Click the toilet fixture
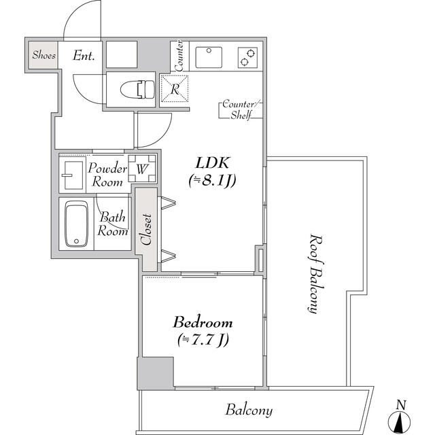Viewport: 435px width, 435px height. (x=137, y=89)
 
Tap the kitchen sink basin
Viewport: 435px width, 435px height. (x=209, y=57)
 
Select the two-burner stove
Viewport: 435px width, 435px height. (x=247, y=57)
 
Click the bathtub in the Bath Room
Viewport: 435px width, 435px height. (x=76, y=224)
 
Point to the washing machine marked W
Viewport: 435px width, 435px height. (x=142, y=169)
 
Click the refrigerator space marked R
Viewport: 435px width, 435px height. (x=175, y=89)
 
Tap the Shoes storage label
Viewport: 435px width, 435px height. (x=43, y=55)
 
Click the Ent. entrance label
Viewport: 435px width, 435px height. (x=84, y=56)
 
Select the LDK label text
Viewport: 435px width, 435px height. (x=213, y=163)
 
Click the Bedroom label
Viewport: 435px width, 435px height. (x=203, y=322)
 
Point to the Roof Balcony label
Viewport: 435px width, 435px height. (x=315, y=274)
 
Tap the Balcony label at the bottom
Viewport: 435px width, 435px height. (x=249, y=410)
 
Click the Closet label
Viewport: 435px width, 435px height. (x=146, y=230)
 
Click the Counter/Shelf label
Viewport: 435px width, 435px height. (x=241, y=109)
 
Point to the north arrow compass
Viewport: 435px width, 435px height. (x=399, y=419)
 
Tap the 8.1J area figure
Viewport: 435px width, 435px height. (x=213, y=181)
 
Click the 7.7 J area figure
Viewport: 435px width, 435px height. (x=203, y=340)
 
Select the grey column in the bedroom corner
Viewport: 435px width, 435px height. (x=156, y=373)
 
